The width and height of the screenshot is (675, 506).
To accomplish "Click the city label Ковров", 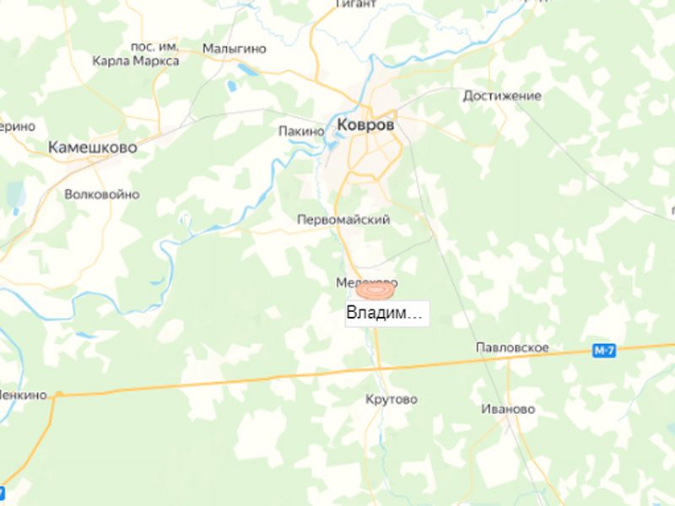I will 364,124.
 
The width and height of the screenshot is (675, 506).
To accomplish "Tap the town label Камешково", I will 92,146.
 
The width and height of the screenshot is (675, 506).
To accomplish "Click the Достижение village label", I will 502,95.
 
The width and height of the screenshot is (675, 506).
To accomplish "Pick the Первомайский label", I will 343,219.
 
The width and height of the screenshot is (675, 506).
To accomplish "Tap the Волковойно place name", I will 101,193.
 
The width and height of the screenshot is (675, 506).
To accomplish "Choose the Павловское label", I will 512,347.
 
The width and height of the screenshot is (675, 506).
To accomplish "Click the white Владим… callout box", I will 385,314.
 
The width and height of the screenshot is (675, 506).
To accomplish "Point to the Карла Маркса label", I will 137,62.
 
